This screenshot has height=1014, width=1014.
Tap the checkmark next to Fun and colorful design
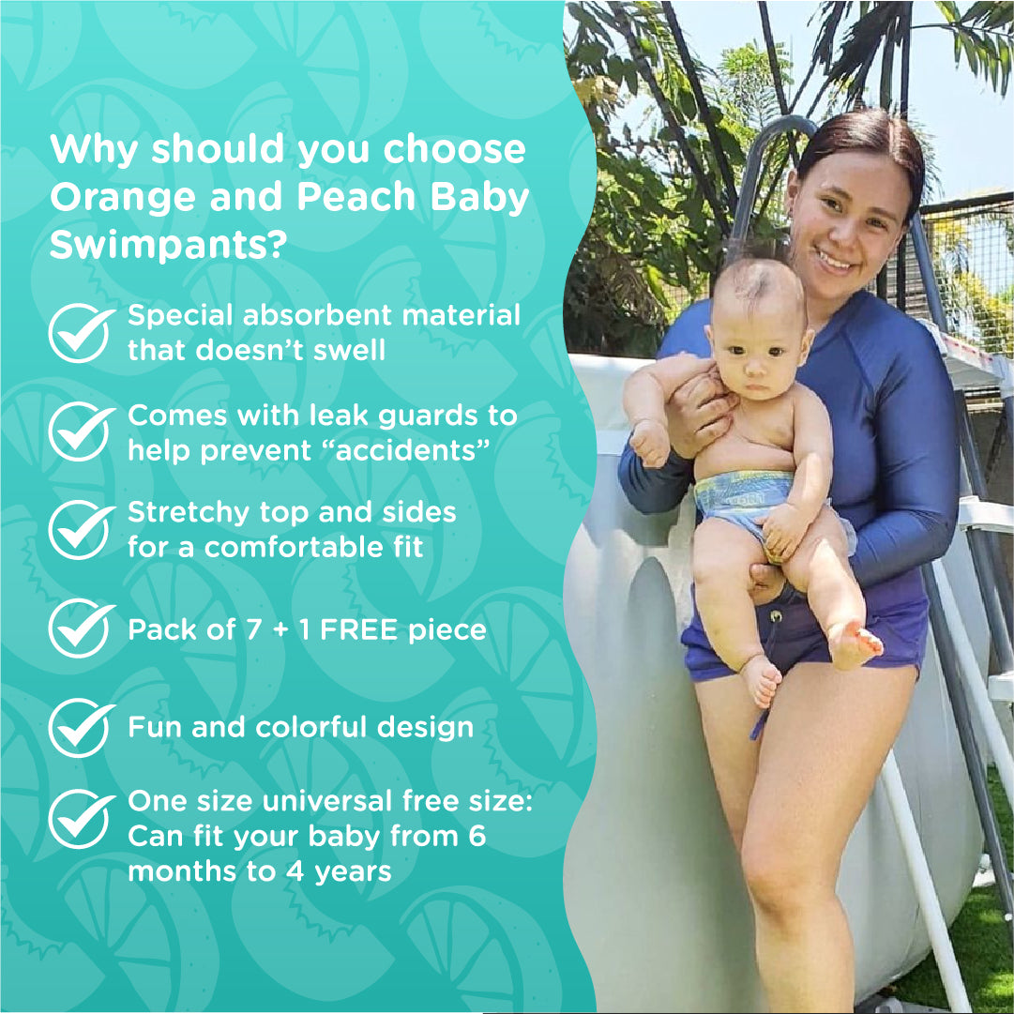click(82, 727)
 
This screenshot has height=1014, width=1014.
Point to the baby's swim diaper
click(746, 497)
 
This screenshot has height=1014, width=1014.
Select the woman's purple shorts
click(807, 638)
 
